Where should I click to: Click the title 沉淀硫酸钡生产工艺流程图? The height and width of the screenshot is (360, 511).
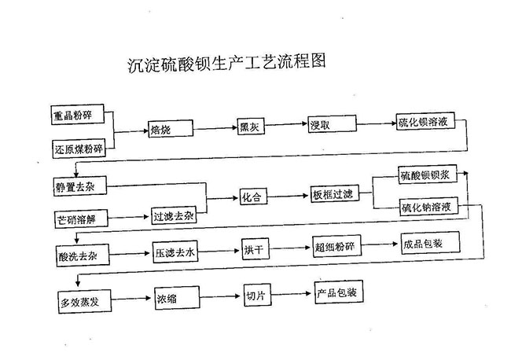[x=227, y=63]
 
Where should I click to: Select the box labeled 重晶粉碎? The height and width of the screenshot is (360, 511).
[x=78, y=114]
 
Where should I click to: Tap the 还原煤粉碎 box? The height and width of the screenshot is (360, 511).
[x=79, y=149]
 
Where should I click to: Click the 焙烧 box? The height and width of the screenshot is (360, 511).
[x=171, y=129]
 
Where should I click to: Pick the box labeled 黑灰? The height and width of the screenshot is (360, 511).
[x=251, y=126]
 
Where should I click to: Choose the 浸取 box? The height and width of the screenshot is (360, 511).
[x=333, y=124]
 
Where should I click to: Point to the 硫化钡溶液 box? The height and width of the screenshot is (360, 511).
[x=425, y=122]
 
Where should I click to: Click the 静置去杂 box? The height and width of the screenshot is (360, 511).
[x=80, y=186]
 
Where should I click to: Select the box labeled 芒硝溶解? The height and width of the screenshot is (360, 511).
[x=81, y=219]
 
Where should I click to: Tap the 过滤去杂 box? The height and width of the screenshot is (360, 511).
[x=174, y=215]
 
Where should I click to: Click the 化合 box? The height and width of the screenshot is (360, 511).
[x=254, y=197]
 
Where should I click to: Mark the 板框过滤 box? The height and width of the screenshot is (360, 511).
[x=335, y=194]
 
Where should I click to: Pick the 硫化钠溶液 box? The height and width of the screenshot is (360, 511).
[x=429, y=206]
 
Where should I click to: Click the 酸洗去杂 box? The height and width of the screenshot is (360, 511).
[x=83, y=255]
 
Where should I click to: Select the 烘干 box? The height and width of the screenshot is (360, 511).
[x=256, y=249]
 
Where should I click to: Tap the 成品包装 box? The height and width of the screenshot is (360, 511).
[x=431, y=243]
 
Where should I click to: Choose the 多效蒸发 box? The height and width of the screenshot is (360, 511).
[x=85, y=302]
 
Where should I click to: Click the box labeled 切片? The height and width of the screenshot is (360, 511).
[x=257, y=295]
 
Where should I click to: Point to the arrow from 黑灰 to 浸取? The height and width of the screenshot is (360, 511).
[x=286, y=124]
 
